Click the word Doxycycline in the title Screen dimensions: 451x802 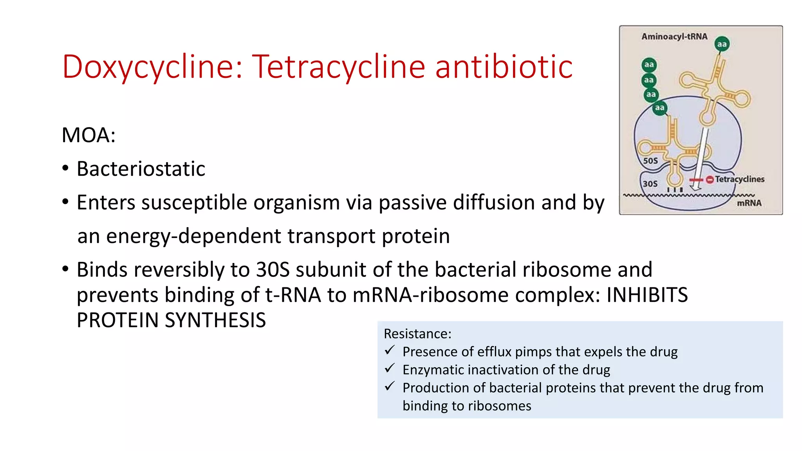[x=152, y=67]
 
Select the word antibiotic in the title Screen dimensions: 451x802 [x=504, y=67]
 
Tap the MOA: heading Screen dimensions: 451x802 [x=89, y=135]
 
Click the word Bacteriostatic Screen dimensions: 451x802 [x=141, y=169]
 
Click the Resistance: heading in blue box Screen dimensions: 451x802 [x=417, y=334]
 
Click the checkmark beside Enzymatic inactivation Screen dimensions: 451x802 [x=390, y=368]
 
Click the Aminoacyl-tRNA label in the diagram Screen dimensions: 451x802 [x=674, y=36]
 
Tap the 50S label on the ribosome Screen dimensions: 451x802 [x=650, y=161]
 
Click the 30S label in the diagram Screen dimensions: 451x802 [x=650, y=184]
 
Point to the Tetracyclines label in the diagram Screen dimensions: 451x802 [x=739, y=179]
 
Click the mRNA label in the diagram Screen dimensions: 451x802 [x=749, y=203]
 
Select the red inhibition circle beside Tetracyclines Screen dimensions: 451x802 [x=710, y=180]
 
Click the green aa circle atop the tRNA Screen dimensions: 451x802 [x=722, y=44]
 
